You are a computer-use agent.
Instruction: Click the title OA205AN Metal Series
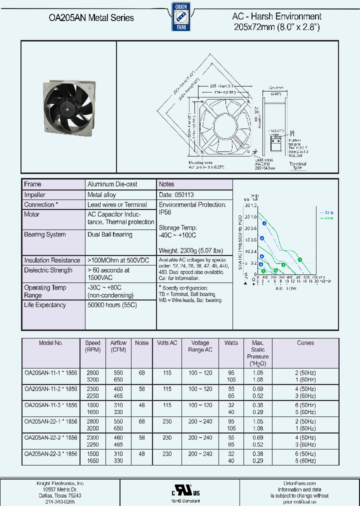(x=91, y=17)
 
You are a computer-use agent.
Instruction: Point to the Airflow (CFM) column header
(x=118, y=346)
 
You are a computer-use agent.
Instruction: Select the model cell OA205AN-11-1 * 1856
(x=50, y=373)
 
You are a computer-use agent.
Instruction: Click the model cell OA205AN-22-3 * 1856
(x=50, y=454)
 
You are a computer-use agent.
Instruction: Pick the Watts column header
(x=231, y=343)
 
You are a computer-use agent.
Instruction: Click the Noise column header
(x=142, y=343)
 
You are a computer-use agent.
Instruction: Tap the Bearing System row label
(x=45, y=234)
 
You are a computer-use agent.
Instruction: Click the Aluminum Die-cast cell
(x=112, y=184)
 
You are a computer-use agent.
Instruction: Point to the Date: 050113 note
(x=176, y=194)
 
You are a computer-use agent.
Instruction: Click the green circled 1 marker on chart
(x=299, y=259)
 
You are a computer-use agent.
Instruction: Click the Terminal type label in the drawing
(x=298, y=166)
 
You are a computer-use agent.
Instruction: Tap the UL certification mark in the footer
(x=179, y=489)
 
